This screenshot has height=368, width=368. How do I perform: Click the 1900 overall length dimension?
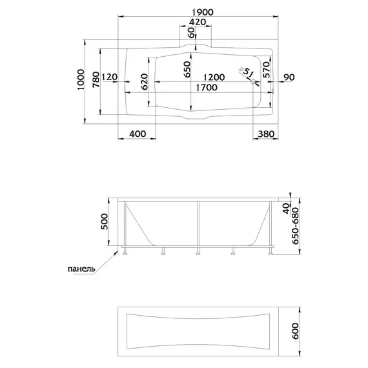(x=203, y=12)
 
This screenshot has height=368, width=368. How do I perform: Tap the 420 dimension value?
(x=198, y=22)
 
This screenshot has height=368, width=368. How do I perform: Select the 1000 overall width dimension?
(x=81, y=79)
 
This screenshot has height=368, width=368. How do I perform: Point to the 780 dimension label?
(x=96, y=80)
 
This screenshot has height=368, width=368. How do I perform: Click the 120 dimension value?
(x=110, y=77)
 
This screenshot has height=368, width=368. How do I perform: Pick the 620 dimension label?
(x=145, y=82)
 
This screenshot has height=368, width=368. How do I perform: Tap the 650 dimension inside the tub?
(x=187, y=69)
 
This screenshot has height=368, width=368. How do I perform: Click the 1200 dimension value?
(x=214, y=77)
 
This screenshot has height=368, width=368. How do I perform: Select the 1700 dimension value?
(x=207, y=88)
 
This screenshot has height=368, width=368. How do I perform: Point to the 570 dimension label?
(x=267, y=70)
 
